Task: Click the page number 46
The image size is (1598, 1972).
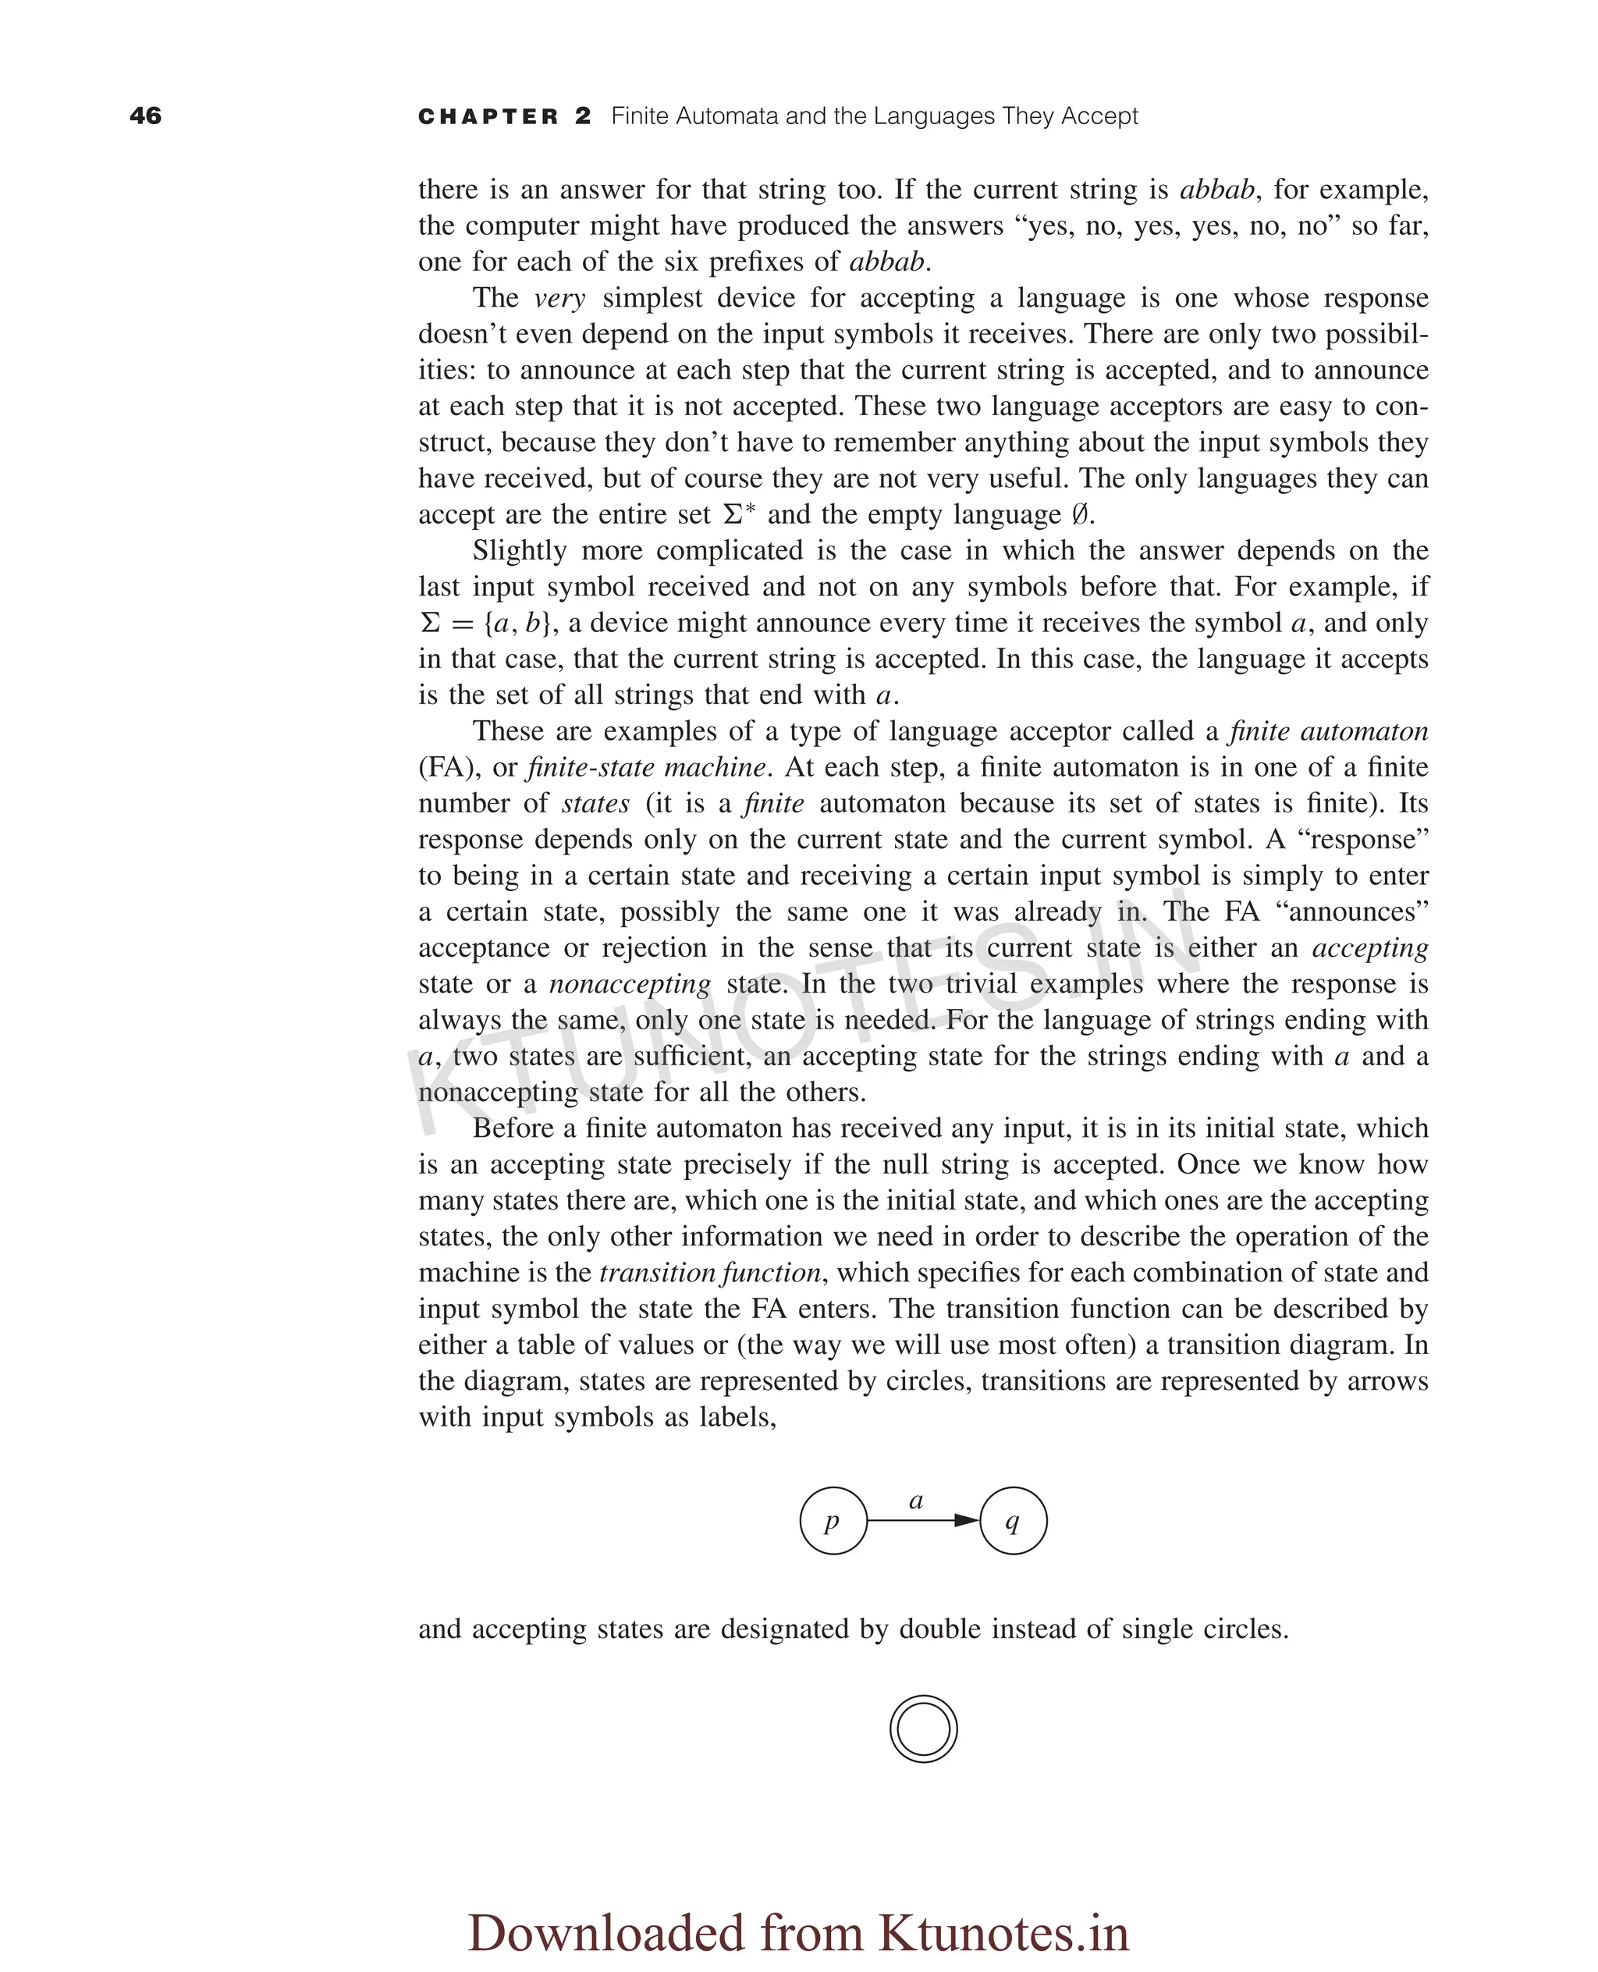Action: pos(145,116)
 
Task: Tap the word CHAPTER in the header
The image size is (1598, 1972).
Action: pos(488,117)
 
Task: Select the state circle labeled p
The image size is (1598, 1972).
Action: pos(833,1521)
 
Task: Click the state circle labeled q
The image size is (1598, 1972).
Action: pos(1013,1521)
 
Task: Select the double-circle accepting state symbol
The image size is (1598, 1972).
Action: pos(923,1729)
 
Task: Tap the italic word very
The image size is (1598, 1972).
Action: pos(559,298)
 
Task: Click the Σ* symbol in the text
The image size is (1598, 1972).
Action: pos(739,513)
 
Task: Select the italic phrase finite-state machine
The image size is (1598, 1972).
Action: pos(646,767)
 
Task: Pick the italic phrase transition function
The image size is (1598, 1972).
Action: pos(710,1272)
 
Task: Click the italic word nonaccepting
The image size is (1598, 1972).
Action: pos(630,984)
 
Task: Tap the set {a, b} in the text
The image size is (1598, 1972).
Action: pos(518,624)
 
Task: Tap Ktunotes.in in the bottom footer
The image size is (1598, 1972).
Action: pos(1003,1931)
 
